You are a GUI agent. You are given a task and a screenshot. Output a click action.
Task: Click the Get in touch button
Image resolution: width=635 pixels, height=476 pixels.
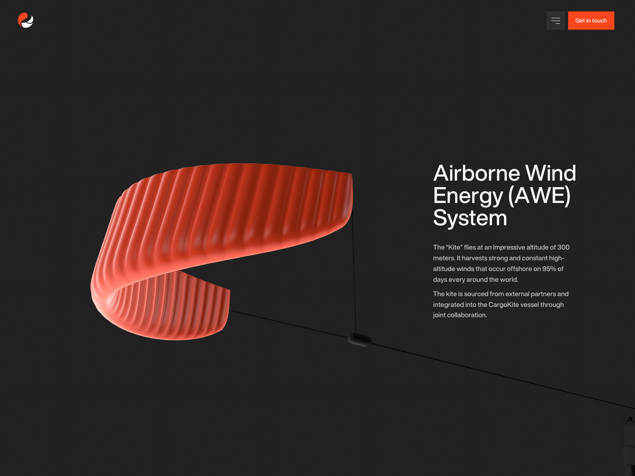591,21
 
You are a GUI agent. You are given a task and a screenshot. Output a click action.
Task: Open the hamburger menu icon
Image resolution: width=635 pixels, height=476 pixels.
556,21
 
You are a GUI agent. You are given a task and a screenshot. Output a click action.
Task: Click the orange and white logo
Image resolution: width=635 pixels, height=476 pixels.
25,20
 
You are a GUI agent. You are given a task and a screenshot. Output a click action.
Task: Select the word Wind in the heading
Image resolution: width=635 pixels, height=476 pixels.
550,173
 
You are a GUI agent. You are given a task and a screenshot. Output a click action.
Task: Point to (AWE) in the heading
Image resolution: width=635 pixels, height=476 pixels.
539,196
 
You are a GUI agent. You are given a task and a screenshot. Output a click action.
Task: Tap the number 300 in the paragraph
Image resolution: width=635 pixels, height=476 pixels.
563,248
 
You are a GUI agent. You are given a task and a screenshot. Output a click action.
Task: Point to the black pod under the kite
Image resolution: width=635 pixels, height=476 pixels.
359,340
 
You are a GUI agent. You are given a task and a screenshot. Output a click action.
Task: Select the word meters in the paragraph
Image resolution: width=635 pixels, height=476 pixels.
444,258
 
